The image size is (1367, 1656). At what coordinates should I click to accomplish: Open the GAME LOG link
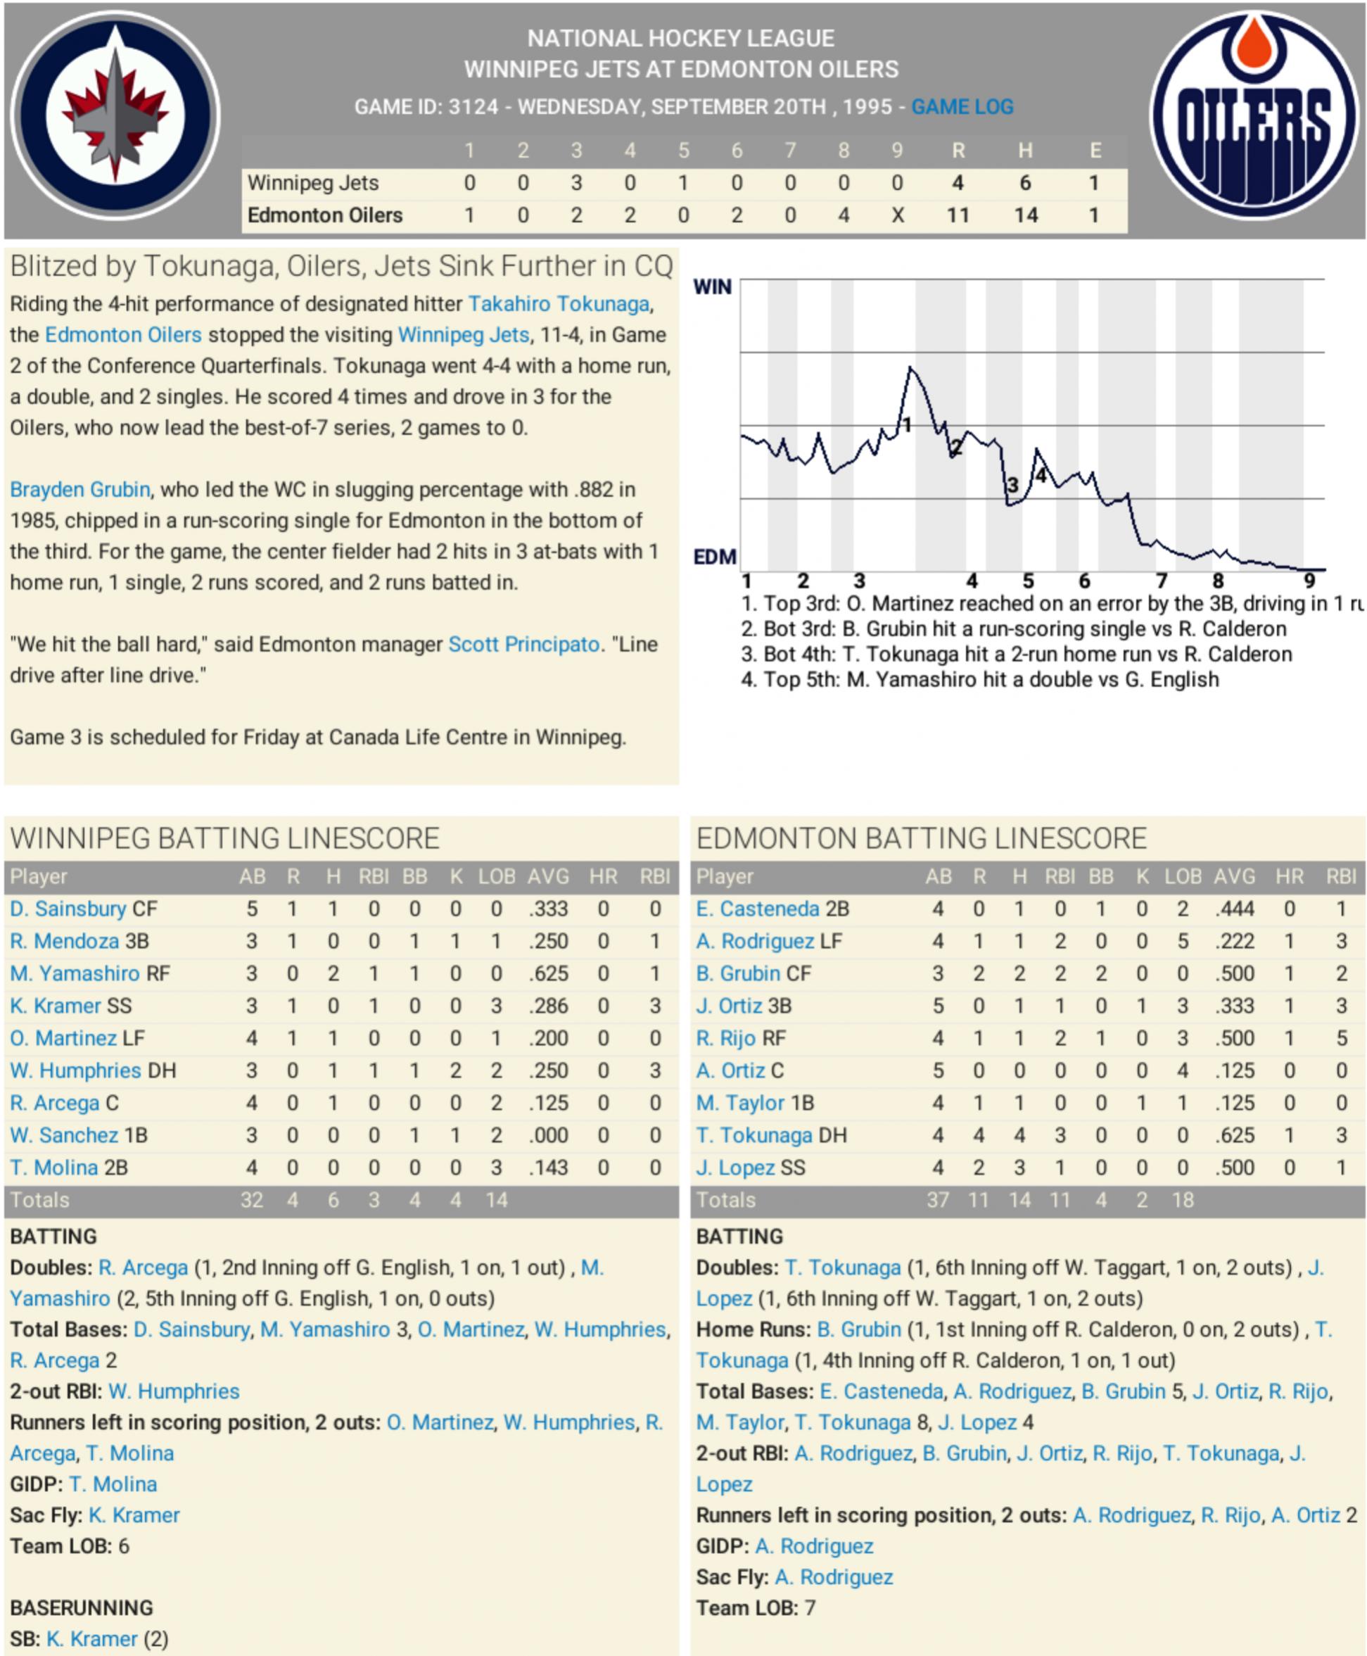(962, 106)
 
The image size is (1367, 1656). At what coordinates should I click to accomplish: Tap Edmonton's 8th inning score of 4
(844, 215)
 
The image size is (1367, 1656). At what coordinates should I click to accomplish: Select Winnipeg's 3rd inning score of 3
(576, 183)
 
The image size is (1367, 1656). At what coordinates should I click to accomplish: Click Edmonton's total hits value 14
(1025, 215)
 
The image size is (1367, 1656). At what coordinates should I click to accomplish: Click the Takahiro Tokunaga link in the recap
(559, 303)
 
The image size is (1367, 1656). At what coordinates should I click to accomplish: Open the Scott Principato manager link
(523, 644)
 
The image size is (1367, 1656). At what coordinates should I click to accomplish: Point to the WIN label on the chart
(712, 286)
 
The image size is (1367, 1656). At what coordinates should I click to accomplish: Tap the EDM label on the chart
(714, 557)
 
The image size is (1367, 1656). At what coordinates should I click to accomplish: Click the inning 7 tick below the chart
(1162, 581)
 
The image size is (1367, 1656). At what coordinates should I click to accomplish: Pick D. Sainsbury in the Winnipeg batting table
(68, 909)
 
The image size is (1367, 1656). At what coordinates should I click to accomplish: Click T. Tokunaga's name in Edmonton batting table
(754, 1134)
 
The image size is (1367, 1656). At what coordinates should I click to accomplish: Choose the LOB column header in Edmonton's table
(1183, 876)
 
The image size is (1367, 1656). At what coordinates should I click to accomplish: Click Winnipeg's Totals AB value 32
(251, 1200)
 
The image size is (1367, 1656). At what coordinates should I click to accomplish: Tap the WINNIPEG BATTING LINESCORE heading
(224, 838)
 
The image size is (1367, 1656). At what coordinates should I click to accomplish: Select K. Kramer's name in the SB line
(91, 1638)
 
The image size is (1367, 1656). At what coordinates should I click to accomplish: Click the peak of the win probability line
(911, 367)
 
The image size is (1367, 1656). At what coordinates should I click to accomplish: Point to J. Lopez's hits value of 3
(1019, 1167)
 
